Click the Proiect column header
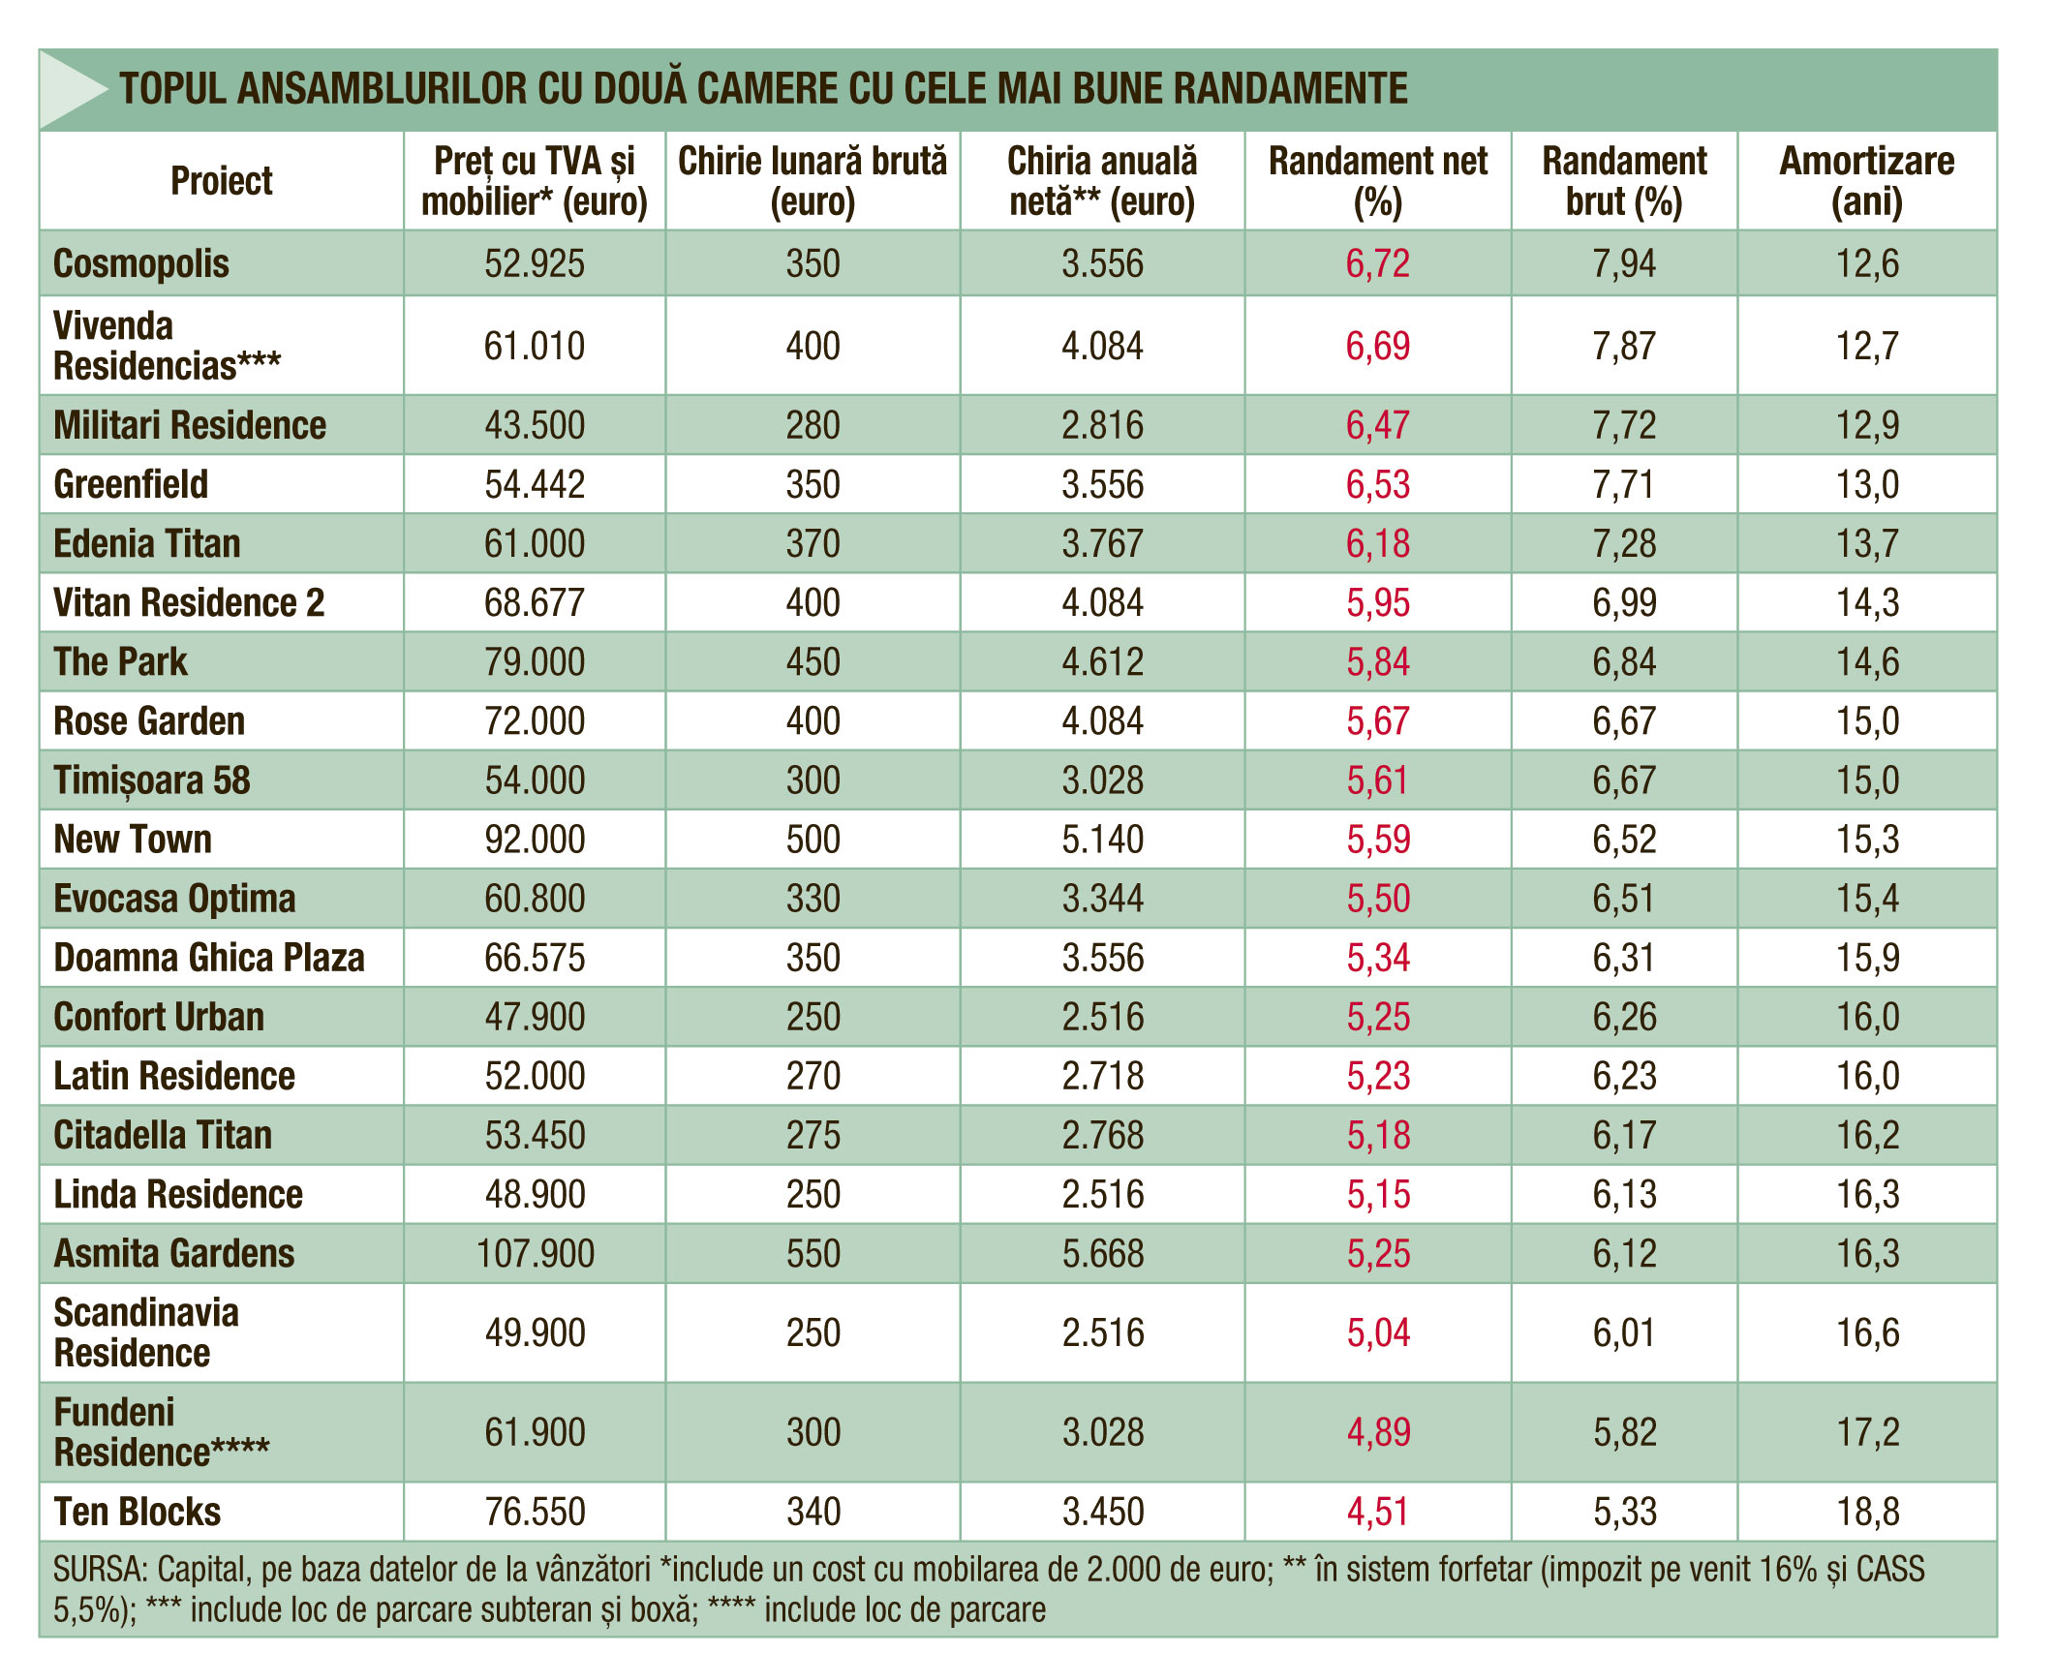point(222,181)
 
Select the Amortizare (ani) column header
point(1867,181)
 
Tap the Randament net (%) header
point(1378,181)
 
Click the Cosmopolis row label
point(141,263)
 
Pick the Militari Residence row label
point(190,425)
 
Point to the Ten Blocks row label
point(138,1512)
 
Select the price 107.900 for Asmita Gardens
point(536,1254)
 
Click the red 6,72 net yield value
point(1378,263)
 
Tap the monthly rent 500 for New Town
point(813,840)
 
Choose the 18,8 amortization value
point(1868,1512)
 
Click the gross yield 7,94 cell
point(1625,263)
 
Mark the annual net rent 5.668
point(1103,1254)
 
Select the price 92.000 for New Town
point(536,840)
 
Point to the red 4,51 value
point(1378,1512)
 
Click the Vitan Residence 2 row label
point(189,602)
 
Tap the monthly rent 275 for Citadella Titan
point(813,1135)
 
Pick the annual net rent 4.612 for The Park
point(1103,662)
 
